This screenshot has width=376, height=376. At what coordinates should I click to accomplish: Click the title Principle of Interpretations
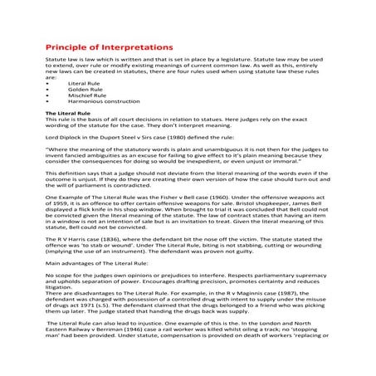[x=109, y=47]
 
